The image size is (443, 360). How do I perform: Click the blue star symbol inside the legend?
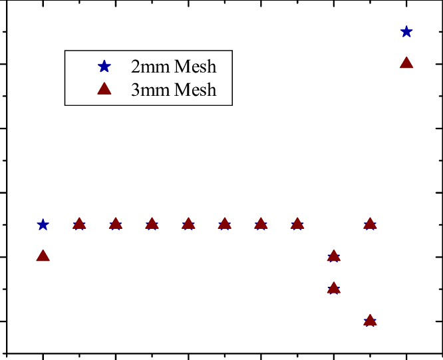(x=104, y=67)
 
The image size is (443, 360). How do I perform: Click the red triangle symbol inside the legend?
(x=104, y=89)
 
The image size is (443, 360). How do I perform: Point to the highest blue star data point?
(x=406, y=31)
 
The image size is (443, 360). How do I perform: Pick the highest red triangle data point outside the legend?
(x=406, y=63)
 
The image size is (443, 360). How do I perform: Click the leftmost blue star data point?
(x=43, y=224)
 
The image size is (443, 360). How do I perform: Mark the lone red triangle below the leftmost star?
(x=43, y=256)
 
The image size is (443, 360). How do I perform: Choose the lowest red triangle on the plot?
(x=370, y=320)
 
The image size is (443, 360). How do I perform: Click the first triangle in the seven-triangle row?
(x=79, y=224)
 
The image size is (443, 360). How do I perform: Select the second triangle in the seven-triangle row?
(x=116, y=224)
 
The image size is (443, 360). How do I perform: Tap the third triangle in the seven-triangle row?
(x=152, y=224)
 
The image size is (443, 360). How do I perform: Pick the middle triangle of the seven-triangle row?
(x=188, y=224)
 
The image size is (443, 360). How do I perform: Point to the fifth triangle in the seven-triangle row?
(x=225, y=224)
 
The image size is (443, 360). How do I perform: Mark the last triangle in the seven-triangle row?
(x=297, y=224)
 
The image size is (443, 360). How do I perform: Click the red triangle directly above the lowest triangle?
(x=370, y=224)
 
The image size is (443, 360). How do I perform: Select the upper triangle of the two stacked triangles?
(x=334, y=256)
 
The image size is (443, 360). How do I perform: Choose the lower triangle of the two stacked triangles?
(x=334, y=288)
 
